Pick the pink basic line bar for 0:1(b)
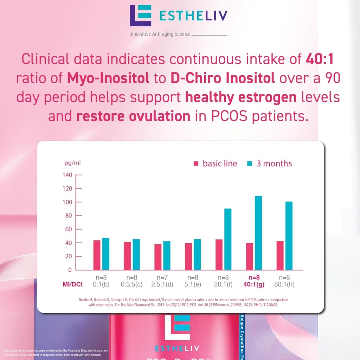point(97,255)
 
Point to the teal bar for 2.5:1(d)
point(167,255)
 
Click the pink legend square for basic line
point(196,164)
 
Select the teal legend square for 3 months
point(250,164)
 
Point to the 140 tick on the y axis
point(67,175)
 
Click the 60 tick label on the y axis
point(67,229)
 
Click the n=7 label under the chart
point(162,277)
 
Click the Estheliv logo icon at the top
point(140,15)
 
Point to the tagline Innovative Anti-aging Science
point(160,34)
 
